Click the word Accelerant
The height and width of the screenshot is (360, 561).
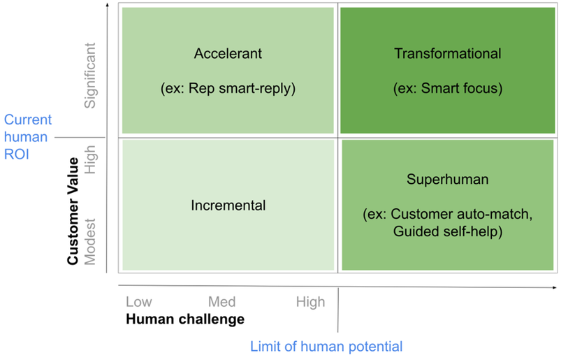pos(228,54)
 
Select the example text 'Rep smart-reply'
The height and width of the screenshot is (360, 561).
pos(240,88)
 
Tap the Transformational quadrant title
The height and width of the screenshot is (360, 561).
pos(448,54)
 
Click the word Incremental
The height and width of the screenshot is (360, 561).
pos(228,206)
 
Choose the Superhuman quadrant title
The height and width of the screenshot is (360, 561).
pos(448,179)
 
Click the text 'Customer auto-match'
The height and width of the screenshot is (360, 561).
pos(460,214)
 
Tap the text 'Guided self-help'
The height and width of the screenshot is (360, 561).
pos(445,231)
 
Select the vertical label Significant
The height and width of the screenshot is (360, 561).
pos(90,75)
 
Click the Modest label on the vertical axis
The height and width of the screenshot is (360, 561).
pos(90,242)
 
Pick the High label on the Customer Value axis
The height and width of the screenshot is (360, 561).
pos(90,159)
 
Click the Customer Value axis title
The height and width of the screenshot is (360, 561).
pos(73,211)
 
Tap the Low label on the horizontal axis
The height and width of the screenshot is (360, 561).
pos(139,302)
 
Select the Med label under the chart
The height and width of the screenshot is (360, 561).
pos(222,302)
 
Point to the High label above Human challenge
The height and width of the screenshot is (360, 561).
pos(311,302)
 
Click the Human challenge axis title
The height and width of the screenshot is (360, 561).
pos(185,319)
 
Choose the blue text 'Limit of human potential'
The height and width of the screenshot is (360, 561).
pos(326,347)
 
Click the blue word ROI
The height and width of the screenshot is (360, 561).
pos(17,154)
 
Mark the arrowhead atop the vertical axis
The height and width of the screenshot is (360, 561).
pos(107,5)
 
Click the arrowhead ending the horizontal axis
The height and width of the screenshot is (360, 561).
pos(555,287)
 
